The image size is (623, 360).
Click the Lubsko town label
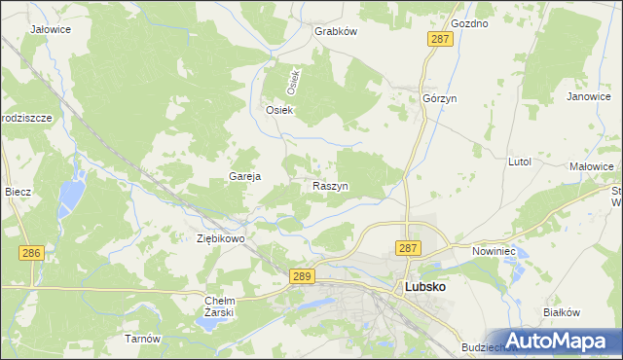424,289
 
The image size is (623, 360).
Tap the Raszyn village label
331,185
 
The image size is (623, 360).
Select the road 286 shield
31,253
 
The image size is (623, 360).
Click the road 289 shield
302,278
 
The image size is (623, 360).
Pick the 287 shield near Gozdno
438,38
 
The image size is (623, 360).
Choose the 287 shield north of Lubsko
408,249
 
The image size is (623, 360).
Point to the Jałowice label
50,30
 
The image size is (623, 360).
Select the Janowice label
587,97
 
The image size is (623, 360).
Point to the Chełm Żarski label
220,306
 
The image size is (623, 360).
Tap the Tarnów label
141,339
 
